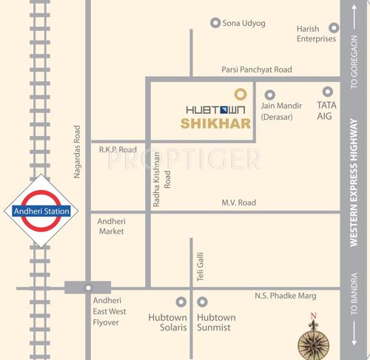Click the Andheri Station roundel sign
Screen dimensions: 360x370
coord(41,211)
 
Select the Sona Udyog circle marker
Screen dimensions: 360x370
coord(215,23)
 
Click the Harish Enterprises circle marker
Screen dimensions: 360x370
coord(334,28)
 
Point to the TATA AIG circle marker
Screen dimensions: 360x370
coord(327,92)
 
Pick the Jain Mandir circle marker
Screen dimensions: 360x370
coord(269,94)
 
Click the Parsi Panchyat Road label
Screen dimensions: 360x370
coord(257,69)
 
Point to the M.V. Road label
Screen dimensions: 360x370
coord(239,203)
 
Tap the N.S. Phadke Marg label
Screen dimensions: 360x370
coord(285,296)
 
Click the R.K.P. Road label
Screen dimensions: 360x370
coord(118,149)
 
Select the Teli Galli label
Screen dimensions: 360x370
coord(200,265)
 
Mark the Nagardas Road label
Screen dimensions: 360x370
coord(77,152)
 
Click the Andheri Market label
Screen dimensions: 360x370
coord(112,226)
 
